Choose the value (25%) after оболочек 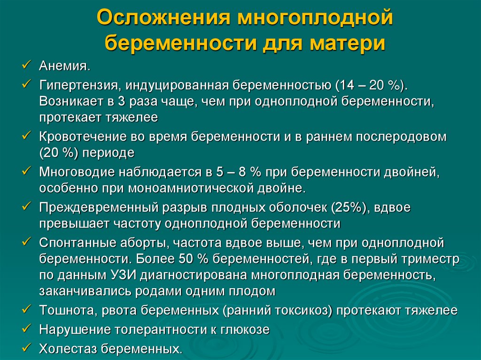(x=349, y=207)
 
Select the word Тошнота (x=62, y=310)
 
